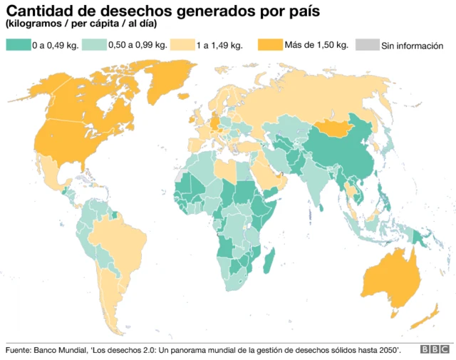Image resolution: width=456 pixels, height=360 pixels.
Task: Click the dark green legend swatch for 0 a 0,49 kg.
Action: [x=18, y=45]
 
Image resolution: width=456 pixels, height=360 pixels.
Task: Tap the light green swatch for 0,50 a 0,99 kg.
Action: [x=93, y=45]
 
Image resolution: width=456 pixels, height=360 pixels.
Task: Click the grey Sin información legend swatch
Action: [x=366, y=45]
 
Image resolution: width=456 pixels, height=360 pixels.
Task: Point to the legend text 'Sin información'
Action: [x=412, y=46]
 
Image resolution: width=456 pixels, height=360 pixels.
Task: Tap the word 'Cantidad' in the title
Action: [x=38, y=12]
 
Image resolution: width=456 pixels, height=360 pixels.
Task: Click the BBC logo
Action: [x=433, y=349]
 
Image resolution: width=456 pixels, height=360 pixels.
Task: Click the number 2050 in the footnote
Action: [x=385, y=349]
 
